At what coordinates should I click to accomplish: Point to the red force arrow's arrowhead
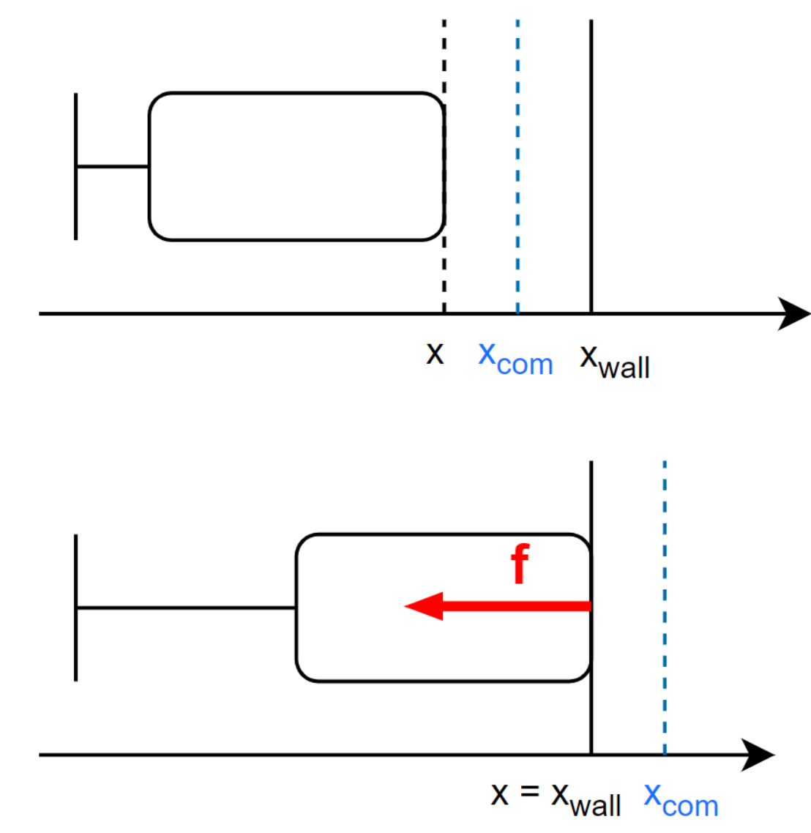(x=424, y=606)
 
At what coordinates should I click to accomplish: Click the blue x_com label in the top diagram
(x=516, y=359)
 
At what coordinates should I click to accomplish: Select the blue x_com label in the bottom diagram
(x=681, y=800)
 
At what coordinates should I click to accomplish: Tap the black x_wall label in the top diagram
(x=615, y=362)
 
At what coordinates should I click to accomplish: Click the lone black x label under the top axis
(x=435, y=354)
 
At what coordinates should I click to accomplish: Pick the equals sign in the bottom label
(x=529, y=791)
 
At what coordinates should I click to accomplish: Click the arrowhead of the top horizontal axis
(x=794, y=313)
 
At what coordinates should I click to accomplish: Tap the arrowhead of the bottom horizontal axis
(x=758, y=755)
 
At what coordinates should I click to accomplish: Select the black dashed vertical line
(x=444, y=166)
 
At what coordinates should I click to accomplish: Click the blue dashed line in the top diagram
(x=517, y=166)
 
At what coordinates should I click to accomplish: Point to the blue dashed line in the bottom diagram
(x=665, y=608)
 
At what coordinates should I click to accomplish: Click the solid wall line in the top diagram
(x=591, y=166)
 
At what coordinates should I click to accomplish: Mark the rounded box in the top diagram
(x=149, y=166)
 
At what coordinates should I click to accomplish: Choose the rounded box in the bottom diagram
(x=296, y=608)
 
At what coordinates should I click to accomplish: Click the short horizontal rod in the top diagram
(x=113, y=167)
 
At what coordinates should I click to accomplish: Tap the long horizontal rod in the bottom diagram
(x=187, y=608)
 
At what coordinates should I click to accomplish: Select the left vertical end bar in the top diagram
(x=76, y=166)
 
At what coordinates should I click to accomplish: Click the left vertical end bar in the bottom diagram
(x=76, y=608)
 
